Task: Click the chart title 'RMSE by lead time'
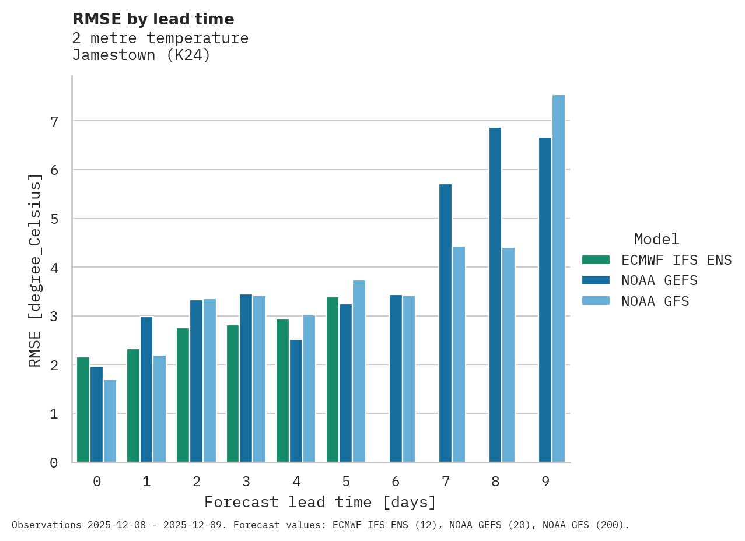click(153, 19)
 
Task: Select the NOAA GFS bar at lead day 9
click(558, 279)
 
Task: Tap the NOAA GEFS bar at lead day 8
click(495, 295)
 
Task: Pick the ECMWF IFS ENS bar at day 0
click(83, 410)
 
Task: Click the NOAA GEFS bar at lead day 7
click(445, 323)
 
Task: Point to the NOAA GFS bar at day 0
click(110, 421)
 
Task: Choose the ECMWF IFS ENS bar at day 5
click(333, 380)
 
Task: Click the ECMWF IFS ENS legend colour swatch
click(596, 259)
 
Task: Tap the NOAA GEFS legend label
click(659, 280)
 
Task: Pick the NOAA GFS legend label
click(655, 301)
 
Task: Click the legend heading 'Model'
click(656, 239)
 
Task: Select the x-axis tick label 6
click(396, 482)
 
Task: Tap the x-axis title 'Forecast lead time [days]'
click(320, 502)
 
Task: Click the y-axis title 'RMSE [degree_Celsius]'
click(35, 270)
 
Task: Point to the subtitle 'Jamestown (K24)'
click(141, 56)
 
